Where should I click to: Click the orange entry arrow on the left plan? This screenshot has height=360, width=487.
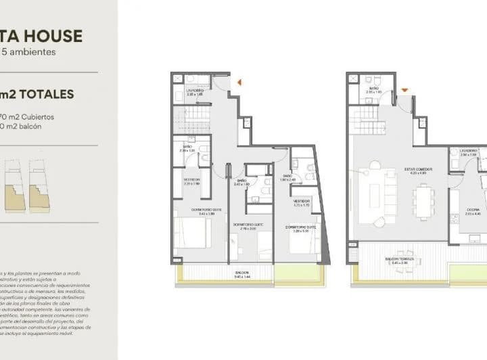239,83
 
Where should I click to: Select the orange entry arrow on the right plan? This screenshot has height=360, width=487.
404,89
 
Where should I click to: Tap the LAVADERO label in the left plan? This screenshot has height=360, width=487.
195,90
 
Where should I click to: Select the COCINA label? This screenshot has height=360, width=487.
473,210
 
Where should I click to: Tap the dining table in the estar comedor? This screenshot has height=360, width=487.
424,202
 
